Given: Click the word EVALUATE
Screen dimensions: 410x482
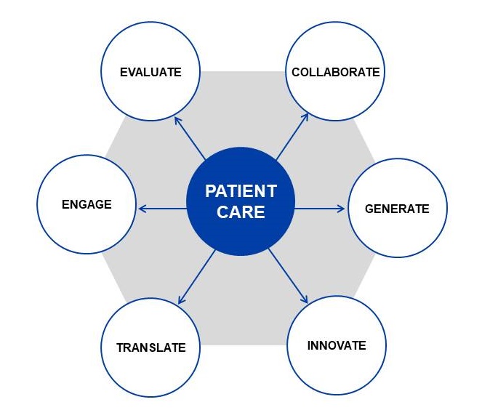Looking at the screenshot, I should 150,72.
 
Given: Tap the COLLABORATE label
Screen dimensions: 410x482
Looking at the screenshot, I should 335,72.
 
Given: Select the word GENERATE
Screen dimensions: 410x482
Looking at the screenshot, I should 397,209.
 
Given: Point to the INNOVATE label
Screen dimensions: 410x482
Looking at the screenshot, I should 336,345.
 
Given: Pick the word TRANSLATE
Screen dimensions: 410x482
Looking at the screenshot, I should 150,347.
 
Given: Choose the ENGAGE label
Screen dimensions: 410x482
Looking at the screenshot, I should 87,204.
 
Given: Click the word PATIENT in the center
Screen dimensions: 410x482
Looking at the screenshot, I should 241,191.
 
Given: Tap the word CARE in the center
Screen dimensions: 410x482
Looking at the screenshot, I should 241,213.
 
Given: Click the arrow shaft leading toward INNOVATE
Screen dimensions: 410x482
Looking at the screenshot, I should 286,274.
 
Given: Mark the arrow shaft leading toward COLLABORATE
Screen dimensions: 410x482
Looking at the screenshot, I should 291,136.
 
